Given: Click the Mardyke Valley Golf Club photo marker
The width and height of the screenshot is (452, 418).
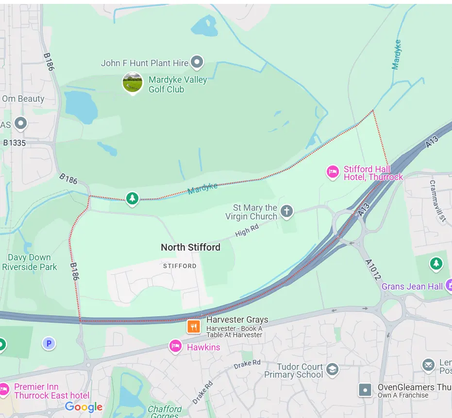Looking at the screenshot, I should [x=133, y=83].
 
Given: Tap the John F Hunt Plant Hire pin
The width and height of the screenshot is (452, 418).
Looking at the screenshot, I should [x=197, y=62].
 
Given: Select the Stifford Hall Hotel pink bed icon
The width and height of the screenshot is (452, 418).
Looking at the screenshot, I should [x=333, y=172].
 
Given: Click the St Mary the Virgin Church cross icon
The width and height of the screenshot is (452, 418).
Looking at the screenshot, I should [x=287, y=211].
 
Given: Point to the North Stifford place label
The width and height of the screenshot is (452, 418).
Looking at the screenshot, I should [x=190, y=247].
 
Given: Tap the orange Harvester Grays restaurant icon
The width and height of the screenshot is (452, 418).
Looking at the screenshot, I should [x=194, y=326].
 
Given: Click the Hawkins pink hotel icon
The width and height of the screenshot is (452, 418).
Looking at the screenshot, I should [x=175, y=346].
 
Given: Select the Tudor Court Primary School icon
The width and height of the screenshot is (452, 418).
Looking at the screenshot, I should [x=332, y=369].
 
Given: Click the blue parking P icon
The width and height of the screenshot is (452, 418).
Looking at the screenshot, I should [x=48, y=344].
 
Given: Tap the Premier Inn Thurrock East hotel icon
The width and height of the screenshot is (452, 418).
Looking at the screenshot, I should [x=4, y=389].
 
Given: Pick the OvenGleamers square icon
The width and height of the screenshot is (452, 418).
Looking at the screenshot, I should [x=365, y=390].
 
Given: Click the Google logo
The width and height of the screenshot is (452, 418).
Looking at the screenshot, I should [x=84, y=407].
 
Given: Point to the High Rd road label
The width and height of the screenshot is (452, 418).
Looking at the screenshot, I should [x=247, y=230].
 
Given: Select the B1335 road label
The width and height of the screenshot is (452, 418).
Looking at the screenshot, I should [x=14, y=143].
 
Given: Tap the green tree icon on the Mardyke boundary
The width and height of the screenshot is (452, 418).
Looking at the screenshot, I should [x=132, y=199].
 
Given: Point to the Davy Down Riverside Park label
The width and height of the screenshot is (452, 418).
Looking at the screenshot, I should [x=29, y=262].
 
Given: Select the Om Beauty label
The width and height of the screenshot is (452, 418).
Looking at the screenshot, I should [x=23, y=99].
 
